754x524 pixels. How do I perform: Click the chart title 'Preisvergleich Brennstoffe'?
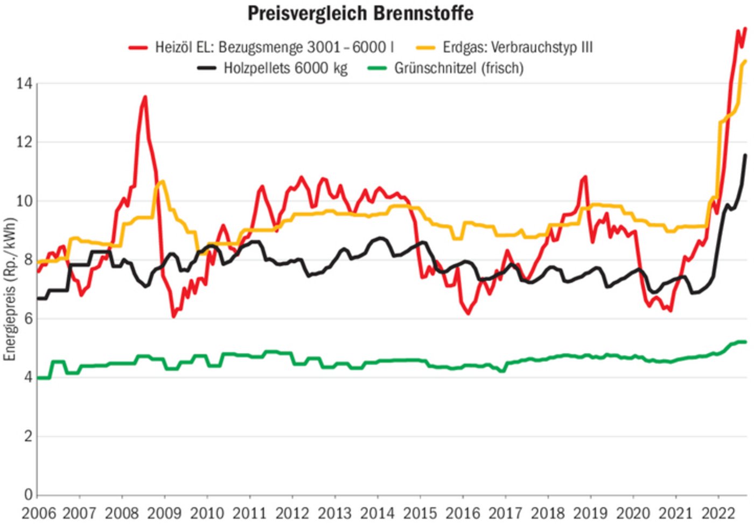(360, 13)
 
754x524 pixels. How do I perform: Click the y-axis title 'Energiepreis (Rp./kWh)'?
(10, 289)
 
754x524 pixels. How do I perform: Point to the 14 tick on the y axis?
(24, 83)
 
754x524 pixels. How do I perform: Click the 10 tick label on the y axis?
(24, 201)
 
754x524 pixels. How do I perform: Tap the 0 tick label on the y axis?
(27, 494)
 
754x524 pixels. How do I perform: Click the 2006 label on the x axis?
(38, 513)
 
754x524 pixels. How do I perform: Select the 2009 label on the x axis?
(164, 513)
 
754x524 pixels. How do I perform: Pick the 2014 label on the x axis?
(377, 513)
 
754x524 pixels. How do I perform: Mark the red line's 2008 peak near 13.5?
(145, 97)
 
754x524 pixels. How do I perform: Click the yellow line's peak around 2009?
(162, 182)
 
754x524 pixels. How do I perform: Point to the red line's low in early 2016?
(468, 313)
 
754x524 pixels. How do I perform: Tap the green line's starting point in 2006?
(38, 378)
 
